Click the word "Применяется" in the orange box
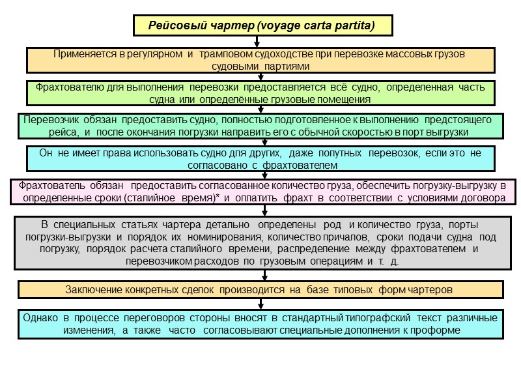click(x=83, y=53)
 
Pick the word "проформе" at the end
click(x=438, y=330)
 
